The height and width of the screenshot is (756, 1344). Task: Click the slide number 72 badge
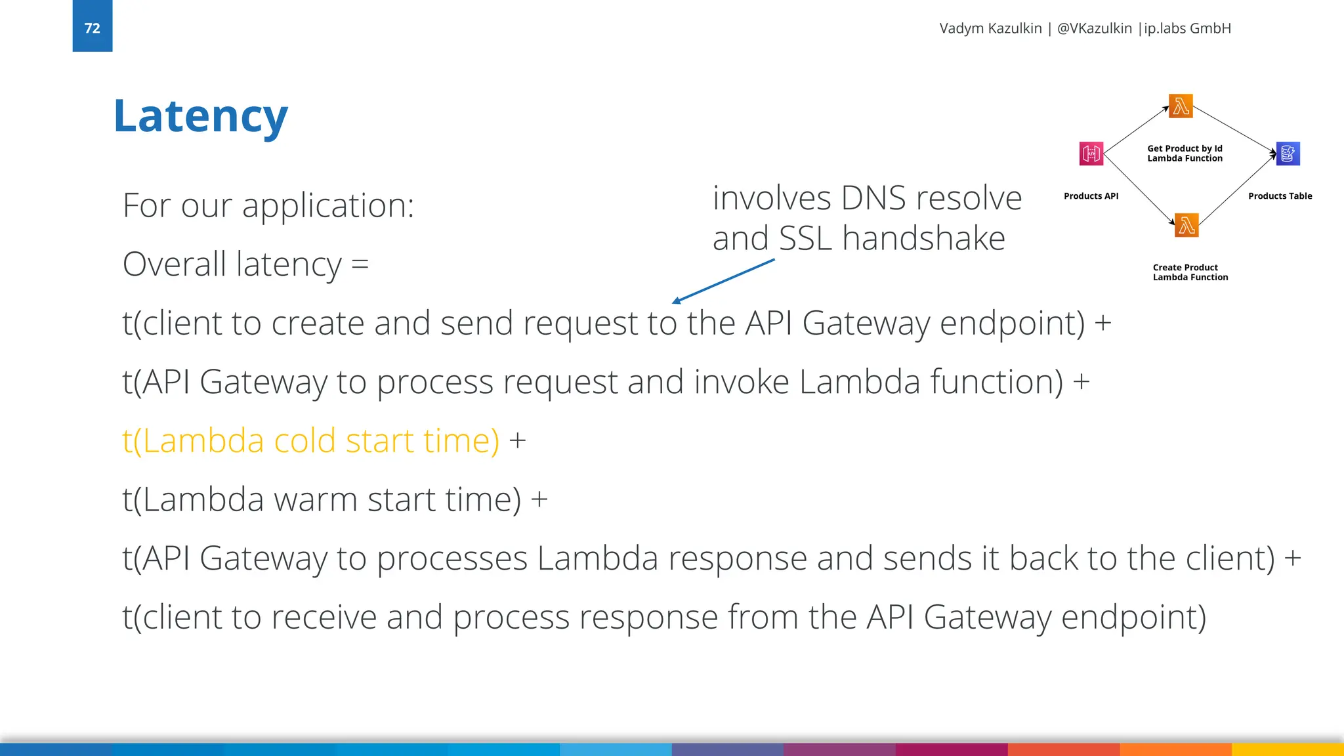[92, 26]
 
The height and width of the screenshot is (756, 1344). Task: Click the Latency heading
[200, 116]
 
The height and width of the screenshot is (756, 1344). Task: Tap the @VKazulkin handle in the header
[1094, 28]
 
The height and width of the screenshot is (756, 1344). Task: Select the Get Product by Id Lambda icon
[1181, 106]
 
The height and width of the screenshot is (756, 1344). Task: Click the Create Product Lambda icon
[1186, 225]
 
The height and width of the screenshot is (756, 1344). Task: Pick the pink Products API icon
[1091, 154]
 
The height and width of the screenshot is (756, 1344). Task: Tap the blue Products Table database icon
[1288, 154]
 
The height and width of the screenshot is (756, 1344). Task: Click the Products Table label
[1280, 196]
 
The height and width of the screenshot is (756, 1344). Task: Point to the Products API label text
[1091, 196]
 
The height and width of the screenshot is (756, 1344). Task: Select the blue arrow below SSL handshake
[723, 281]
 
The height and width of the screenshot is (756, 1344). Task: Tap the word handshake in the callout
[923, 238]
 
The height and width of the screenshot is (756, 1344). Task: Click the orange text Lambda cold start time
[310, 440]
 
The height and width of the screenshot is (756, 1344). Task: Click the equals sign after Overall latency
[360, 264]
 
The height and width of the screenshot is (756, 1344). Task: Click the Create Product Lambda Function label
[1190, 272]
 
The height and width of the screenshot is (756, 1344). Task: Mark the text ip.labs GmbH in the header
[1187, 28]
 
